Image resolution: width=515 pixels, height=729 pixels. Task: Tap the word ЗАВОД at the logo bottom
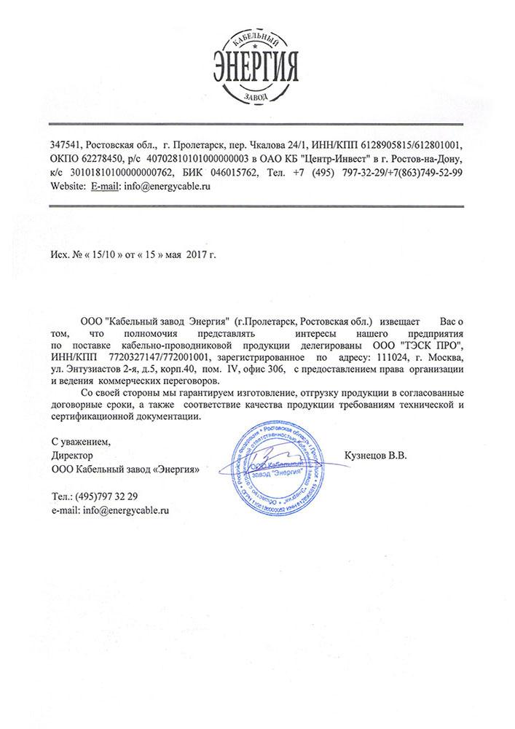[257, 95]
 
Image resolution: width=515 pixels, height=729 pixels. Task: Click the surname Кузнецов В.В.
[376, 456]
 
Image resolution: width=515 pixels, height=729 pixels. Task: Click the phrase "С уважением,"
[81, 442]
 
